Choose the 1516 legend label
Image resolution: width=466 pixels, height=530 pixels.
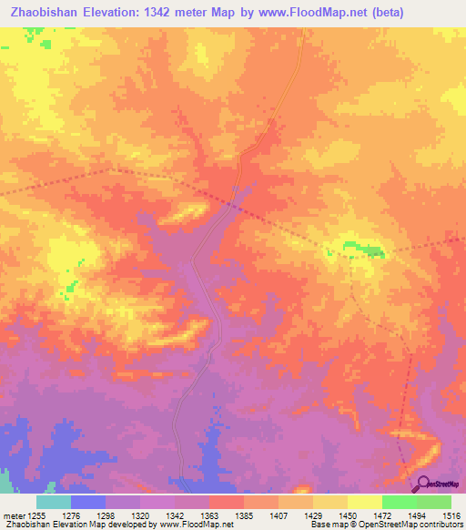click(451, 515)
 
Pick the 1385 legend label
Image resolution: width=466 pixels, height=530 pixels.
click(244, 515)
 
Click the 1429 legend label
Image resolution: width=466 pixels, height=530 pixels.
click(312, 515)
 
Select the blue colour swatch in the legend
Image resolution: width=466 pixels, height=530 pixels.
click(87, 502)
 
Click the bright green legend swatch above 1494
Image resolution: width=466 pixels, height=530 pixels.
click(399, 502)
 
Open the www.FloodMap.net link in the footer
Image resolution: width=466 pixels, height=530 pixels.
click(194, 525)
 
